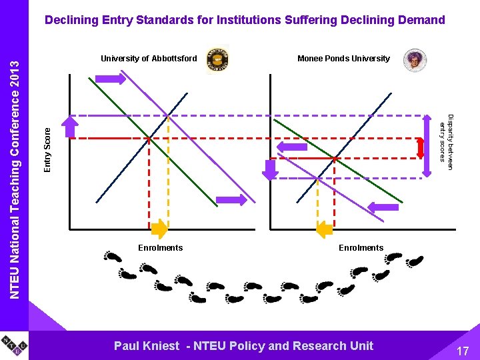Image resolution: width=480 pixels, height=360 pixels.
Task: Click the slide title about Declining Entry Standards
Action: pos(245,20)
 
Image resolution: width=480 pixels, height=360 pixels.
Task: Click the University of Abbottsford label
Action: pos(149,59)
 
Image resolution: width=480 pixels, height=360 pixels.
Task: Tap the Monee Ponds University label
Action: pos(343,59)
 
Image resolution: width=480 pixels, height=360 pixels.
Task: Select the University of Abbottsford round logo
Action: pos(217,59)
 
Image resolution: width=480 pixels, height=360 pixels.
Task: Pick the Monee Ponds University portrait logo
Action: pos(415,60)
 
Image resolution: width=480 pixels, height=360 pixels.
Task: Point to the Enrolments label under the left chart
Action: pos(160,248)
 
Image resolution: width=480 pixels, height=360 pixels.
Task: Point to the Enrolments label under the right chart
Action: pos(361,248)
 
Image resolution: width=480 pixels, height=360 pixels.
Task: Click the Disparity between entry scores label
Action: pos(446,138)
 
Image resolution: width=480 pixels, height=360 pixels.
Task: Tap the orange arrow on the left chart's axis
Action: pos(159,229)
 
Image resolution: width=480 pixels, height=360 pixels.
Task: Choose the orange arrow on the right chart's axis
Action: pos(324,229)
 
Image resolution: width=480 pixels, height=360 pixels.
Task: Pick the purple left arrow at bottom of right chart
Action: pos(383,207)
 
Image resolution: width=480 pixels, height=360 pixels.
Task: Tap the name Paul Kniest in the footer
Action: pos(147,345)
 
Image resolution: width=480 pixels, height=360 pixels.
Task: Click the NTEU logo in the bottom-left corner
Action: pos(14,345)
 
